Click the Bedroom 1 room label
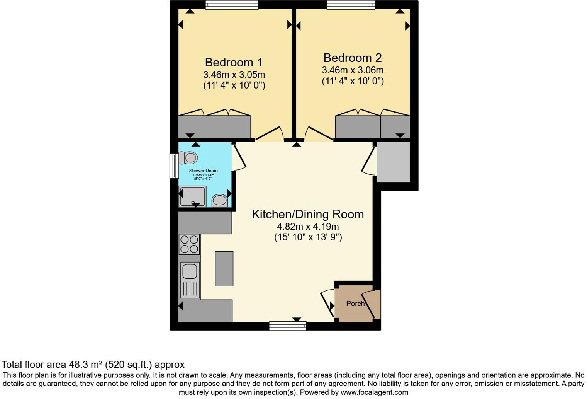234,62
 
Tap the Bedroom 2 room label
352,58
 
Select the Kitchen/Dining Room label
307,214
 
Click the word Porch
355,304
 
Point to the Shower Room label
203,171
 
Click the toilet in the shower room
188,158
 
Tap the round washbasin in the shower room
220,200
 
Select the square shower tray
192,196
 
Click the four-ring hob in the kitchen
189,244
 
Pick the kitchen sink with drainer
190,280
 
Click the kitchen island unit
224,268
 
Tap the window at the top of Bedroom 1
232,5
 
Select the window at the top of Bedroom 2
351,5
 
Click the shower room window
174,166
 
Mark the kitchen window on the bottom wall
288,326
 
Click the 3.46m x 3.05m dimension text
234,75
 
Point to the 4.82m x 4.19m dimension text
308,227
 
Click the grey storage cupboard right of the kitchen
393,162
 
